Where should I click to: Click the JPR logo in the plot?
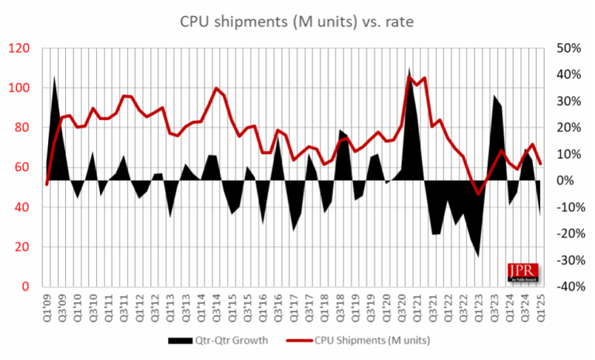521,267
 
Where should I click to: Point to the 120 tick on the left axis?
19,48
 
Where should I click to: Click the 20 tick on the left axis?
22,247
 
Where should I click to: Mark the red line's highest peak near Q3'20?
410,76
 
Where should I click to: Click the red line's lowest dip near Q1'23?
478,194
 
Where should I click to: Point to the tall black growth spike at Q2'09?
54,77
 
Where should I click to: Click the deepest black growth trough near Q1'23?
478,255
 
